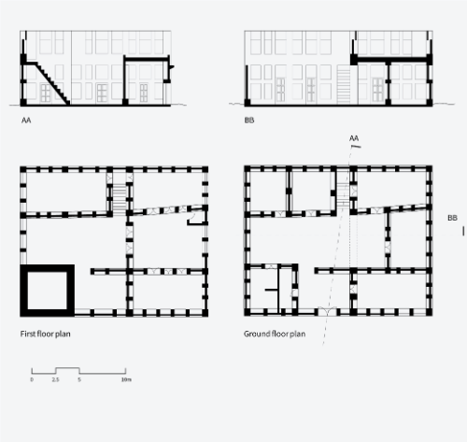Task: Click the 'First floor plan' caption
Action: click(x=45, y=334)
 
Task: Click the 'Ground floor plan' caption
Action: click(x=275, y=334)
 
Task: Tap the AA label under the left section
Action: click(x=26, y=121)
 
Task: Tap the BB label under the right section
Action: click(x=249, y=121)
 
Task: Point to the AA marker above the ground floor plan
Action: click(x=354, y=138)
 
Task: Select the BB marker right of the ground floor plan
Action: click(x=452, y=218)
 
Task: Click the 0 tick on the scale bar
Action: click(x=32, y=379)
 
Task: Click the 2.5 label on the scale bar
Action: click(x=55, y=379)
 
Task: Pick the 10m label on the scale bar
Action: click(x=126, y=379)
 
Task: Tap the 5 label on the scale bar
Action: click(x=79, y=379)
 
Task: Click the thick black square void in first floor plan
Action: click(x=23, y=291)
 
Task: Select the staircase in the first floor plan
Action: click(x=119, y=199)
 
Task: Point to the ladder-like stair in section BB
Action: click(x=344, y=86)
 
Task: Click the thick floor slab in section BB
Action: click(x=391, y=60)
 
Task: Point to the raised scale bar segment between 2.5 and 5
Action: click(x=67, y=368)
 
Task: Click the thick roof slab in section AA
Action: click(x=147, y=58)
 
